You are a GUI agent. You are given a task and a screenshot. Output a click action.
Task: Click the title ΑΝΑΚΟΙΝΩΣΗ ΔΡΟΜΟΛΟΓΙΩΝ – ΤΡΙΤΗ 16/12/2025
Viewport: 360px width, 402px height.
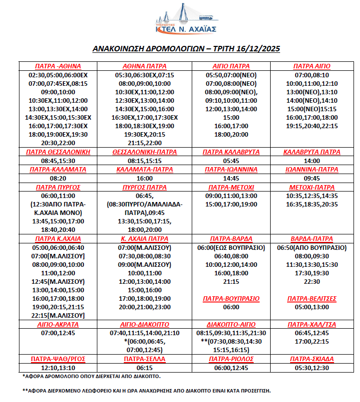click(x=186, y=49)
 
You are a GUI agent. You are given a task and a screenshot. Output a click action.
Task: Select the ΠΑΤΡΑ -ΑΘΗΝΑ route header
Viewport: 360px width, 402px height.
click(x=58, y=66)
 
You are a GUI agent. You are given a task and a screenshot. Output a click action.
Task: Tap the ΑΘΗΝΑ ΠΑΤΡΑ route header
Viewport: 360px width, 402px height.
click(x=144, y=66)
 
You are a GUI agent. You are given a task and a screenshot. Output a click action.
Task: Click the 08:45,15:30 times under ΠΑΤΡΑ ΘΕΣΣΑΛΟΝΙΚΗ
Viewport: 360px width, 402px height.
click(x=58, y=161)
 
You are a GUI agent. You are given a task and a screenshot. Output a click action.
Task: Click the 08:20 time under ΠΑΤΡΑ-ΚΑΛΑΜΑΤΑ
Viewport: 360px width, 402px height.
click(x=58, y=178)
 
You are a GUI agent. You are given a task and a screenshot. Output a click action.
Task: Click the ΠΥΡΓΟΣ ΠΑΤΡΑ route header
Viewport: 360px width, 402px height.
click(x=144, y=187)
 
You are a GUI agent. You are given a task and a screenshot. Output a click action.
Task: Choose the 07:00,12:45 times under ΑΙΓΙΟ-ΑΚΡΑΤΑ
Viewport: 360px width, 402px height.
click(x=58, y=333)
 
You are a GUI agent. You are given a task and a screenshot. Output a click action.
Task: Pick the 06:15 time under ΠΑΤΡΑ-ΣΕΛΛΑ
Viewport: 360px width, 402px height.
click(x=144, y=367)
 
